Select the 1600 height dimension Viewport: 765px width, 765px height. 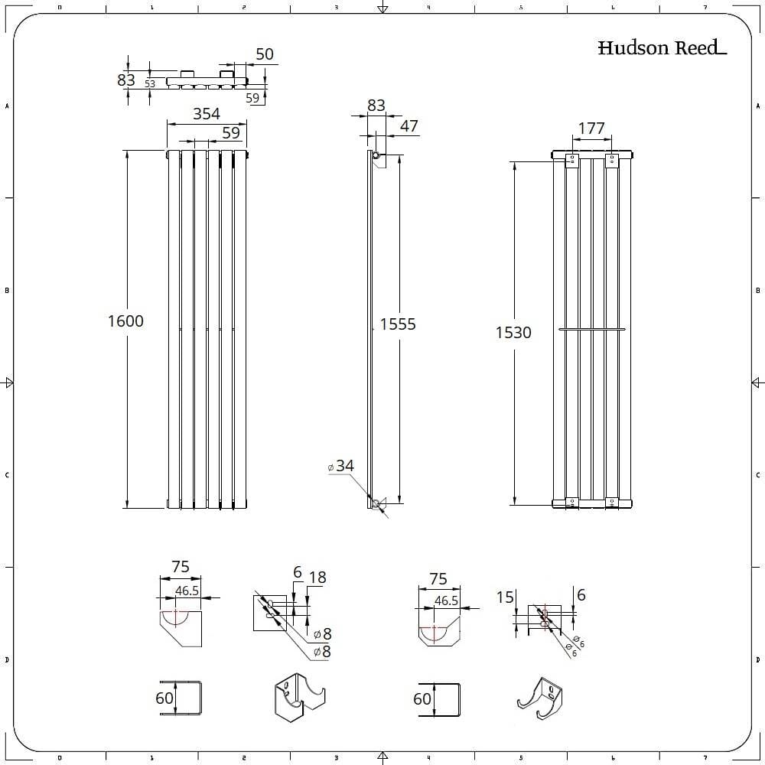coord(125,321)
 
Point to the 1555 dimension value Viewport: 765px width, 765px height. coord(399,324)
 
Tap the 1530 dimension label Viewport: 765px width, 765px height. coord(513,333)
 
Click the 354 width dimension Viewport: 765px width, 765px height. coord(207,114)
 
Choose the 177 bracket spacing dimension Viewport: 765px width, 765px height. coord(591,129)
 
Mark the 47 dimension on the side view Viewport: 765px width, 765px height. coord(409,126)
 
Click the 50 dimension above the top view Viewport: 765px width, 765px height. coord(265,54)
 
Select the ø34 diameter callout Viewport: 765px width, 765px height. coord(341,466)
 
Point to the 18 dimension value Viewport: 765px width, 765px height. coord(317,578)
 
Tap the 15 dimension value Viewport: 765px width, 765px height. coord(506,597)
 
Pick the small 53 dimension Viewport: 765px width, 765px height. coord(150,84)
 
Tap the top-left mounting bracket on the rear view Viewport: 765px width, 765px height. coord(571,160)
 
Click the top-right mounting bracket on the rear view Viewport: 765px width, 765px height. coord(610,160)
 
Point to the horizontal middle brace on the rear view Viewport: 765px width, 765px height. coord(592,329)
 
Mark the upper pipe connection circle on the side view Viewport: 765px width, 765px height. coord(376,155)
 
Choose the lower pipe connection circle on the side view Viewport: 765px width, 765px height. coord(376,503)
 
